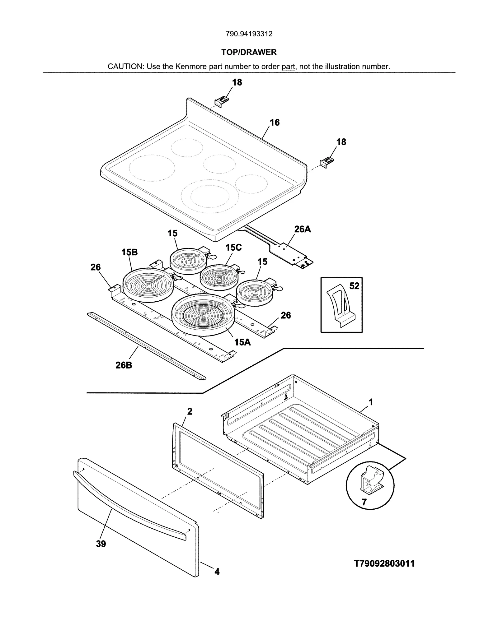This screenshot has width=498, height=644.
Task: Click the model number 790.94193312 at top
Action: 249,34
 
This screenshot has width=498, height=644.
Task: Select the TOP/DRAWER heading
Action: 249,52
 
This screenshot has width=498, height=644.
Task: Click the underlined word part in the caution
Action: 288,67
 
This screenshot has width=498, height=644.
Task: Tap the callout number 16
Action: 274,123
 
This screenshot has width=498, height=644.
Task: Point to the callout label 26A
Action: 302,229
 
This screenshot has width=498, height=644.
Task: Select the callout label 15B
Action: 129,252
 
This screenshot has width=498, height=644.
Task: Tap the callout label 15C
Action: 233,248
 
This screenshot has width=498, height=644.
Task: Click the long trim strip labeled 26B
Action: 146,346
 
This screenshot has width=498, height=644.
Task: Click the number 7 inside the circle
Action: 364,502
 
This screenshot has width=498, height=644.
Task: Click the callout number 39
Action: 101,544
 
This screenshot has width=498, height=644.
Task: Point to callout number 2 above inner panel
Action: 190,411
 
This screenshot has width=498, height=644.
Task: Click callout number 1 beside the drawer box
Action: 371,402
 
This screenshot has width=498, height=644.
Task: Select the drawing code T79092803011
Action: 384,563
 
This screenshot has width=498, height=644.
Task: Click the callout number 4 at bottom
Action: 217,572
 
